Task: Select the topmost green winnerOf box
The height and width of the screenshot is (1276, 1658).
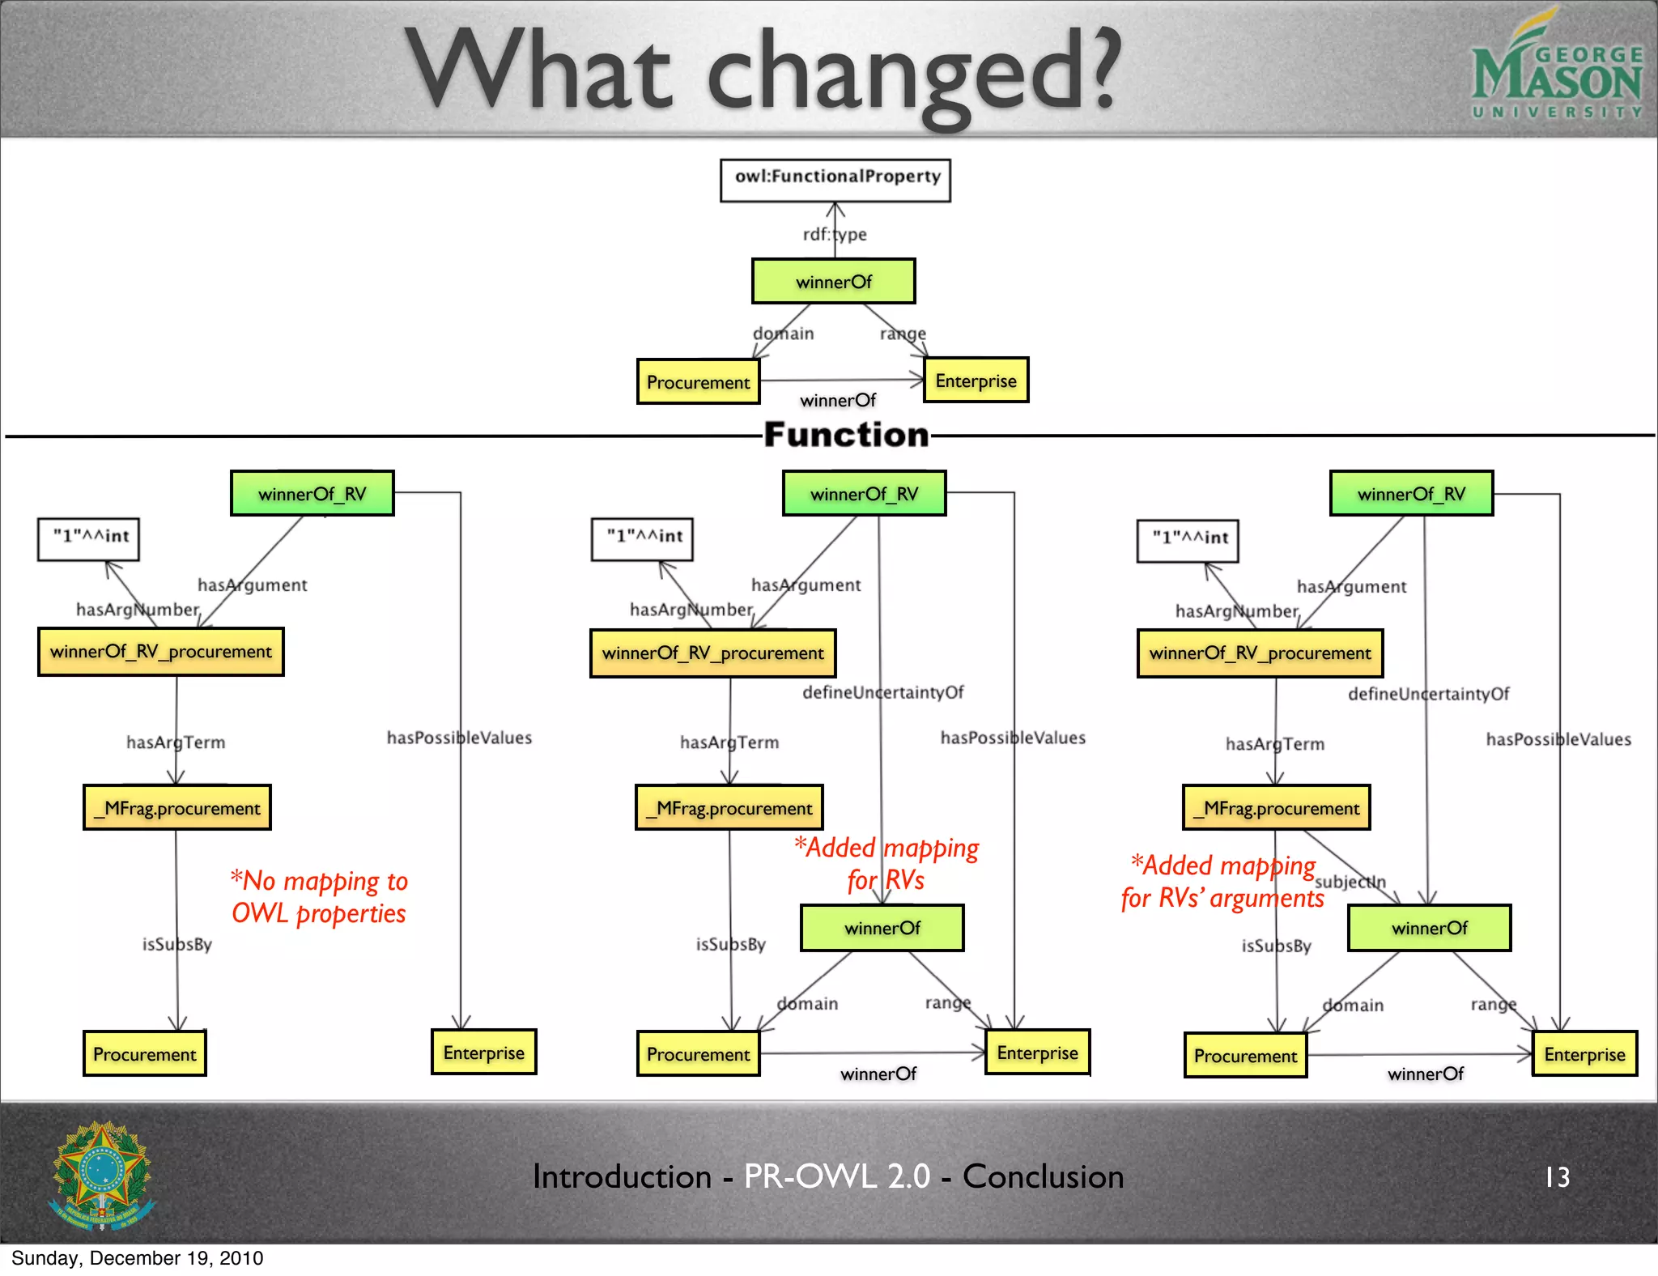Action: [833, 282]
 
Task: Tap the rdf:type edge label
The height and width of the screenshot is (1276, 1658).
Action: [834, 234]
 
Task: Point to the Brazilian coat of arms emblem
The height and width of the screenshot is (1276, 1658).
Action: [102, 1174]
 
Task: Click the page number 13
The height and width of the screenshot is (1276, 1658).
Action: [1557, 1176]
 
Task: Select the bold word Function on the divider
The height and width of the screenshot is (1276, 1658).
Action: [846, 435]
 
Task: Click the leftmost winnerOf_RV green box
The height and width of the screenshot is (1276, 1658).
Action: [312, 493]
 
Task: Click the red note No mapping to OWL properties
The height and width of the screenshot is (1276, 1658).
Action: [319, 896]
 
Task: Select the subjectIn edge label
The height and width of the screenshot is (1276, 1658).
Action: [1350, 882]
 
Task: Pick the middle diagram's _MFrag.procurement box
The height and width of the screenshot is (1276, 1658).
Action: [729, 807]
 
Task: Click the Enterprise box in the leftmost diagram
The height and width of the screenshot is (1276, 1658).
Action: [483, 1052]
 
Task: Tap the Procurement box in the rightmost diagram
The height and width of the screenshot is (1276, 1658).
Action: [1245, 1055]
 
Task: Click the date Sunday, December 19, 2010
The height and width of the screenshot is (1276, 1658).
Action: [138, 1257]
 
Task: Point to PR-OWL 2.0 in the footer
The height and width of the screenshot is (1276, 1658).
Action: [836, 1176]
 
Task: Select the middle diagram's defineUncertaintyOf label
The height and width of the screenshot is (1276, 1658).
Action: [882, 692]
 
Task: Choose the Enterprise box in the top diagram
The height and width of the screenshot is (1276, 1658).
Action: [976, 381]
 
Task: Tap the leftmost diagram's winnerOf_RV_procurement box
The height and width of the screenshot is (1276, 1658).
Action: [160, 651]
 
